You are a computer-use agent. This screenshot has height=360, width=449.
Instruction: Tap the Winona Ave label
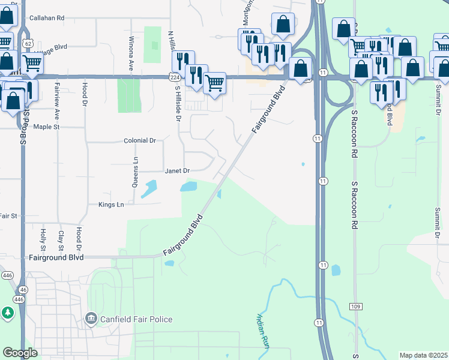pyautogui.click(x=131, y=53)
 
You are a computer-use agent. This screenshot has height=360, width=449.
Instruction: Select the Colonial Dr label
pyautogui.click(x=140, y=140)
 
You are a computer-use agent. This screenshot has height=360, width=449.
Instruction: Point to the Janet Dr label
pyautogui.click(x=177, y=171)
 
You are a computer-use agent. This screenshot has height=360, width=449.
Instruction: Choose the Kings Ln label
pyautogui.click(x=111, y=205)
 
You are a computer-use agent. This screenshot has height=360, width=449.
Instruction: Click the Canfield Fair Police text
pyautogui.click(x=136, y=320)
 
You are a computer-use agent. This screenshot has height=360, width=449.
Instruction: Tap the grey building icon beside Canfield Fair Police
pyautogui.click(x=91, y=317)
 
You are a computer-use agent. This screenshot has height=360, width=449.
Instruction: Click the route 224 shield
pyautogui.click(x=174, y=77)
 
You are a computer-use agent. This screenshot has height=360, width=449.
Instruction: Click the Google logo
pyautogui.click(x=20, y=353)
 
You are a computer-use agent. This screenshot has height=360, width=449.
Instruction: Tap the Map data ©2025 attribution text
pyautogui.click(x=423, y=355)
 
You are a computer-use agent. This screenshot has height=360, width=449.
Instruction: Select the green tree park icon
pyautogui.click(x=7, y=313)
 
